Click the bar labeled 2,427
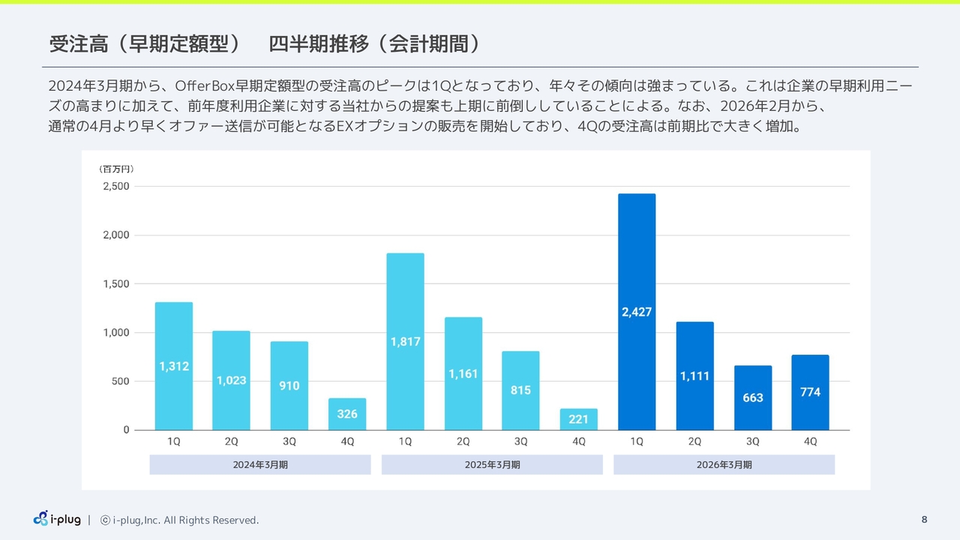(x=637, y=311)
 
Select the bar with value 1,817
(x=405, y=341)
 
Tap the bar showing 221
(x=578, y=419)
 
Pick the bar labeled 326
(x=347, y=414)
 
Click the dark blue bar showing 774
(x=810, y=392)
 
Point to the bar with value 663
(x=752, y=397)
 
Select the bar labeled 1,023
(x=231, y=380)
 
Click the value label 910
(x=289, y=385)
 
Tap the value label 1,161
(x=463, y=373)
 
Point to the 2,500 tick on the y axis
(x=116, y=186)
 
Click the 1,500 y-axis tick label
(x=116, y=283)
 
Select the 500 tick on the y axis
(x=121, y=381)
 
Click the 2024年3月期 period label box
(x=260, y=464)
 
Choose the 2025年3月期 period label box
(x=492, y=464)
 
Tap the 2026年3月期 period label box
(x=724, y=464)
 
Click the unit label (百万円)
(x=116, y=169)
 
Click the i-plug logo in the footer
(x=57, y=518)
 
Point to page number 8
(x=924, y=520)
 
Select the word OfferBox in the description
(x=205, y=85)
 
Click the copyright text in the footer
(x=179, y=520)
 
